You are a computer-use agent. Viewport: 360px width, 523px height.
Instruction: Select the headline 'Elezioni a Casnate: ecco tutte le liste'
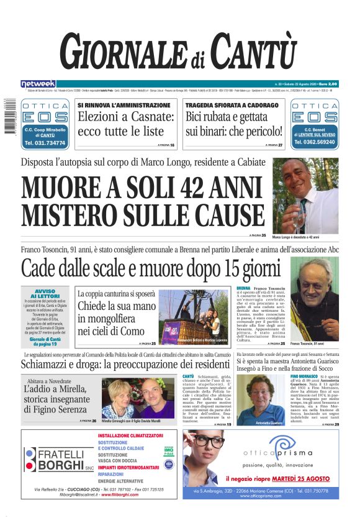tap(125, 124)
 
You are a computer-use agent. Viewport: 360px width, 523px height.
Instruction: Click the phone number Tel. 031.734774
tap(45, 143)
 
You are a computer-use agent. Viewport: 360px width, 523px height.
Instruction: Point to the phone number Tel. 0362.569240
tap(314, 143)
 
